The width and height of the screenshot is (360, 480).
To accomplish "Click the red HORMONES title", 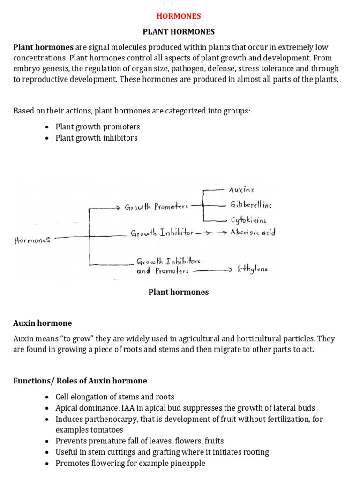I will [x=179, y=16].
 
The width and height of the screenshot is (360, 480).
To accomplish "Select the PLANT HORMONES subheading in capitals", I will [x=179, y=32].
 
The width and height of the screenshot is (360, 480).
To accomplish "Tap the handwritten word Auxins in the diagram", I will [x=241, y=190].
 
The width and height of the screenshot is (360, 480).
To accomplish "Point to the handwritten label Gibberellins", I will [x=250, y=205].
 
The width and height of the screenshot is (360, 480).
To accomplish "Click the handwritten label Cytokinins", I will [x=248, y=219].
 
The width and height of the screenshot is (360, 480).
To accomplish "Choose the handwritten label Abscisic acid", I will [x=252, y=232].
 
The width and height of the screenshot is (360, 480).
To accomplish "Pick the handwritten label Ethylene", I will [x=253, y=269].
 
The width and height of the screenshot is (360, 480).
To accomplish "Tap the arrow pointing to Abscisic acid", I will [x=211, y=232].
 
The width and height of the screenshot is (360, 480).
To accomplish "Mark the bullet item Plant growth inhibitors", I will [x=97, y=138].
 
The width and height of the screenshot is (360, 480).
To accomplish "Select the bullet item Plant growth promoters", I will [x=97, y=127].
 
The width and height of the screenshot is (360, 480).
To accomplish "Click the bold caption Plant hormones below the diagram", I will [x=179, y=292].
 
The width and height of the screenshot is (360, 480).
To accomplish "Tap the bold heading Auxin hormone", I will [x=43, y=323].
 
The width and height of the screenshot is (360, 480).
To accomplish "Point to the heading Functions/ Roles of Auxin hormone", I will [x=80, y=381].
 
